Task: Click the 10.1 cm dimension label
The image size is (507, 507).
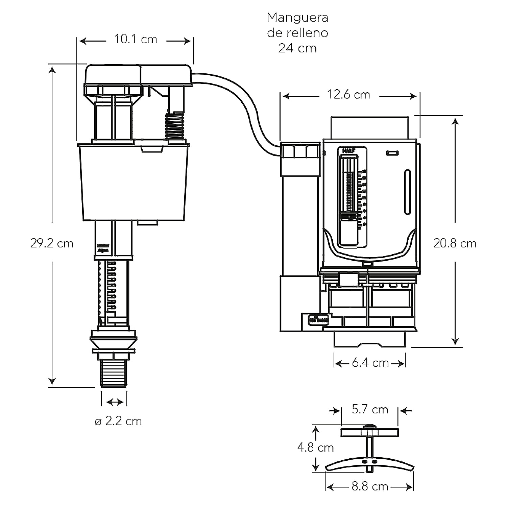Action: coord(136,39)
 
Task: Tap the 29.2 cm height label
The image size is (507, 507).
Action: coord(52,243)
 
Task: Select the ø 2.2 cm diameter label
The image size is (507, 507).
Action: coord(118,421)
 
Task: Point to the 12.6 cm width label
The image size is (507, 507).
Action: coord(348,95)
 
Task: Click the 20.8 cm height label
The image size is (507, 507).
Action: coord(455,243)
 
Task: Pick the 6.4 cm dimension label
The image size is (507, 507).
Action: coord(370,363)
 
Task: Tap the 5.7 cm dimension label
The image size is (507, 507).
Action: coord(370,409)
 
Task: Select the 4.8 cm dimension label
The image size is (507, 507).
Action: coord(315,448)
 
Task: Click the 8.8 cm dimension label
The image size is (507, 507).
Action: coord(370,486)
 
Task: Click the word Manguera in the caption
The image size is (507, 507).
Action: coord(297,17)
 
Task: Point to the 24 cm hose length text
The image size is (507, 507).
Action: coord(297,48)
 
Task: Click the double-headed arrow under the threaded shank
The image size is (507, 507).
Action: coord(115,402)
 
